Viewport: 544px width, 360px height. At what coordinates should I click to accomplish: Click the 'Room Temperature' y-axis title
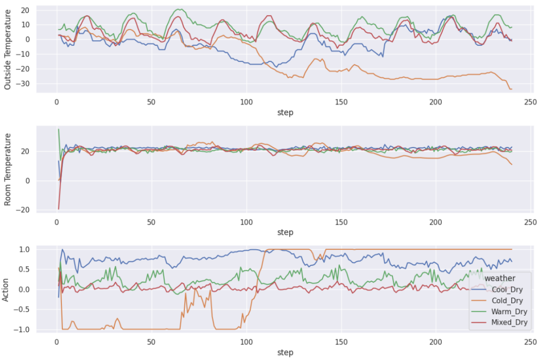click(8, 169)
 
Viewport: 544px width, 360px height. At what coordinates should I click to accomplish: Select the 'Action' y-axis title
click(6, 290)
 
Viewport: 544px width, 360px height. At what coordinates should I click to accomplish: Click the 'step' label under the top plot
click(285, 113)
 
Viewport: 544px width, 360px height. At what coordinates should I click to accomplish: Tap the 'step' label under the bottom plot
click(285, 352)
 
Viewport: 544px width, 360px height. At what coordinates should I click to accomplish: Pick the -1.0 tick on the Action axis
click(23, 330)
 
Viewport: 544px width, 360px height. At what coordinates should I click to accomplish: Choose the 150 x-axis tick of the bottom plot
click(342, 342)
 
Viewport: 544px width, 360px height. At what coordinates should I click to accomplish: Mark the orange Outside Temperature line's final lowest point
click(511, 89)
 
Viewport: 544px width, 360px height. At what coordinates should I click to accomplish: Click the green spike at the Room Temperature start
click(58, 129)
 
